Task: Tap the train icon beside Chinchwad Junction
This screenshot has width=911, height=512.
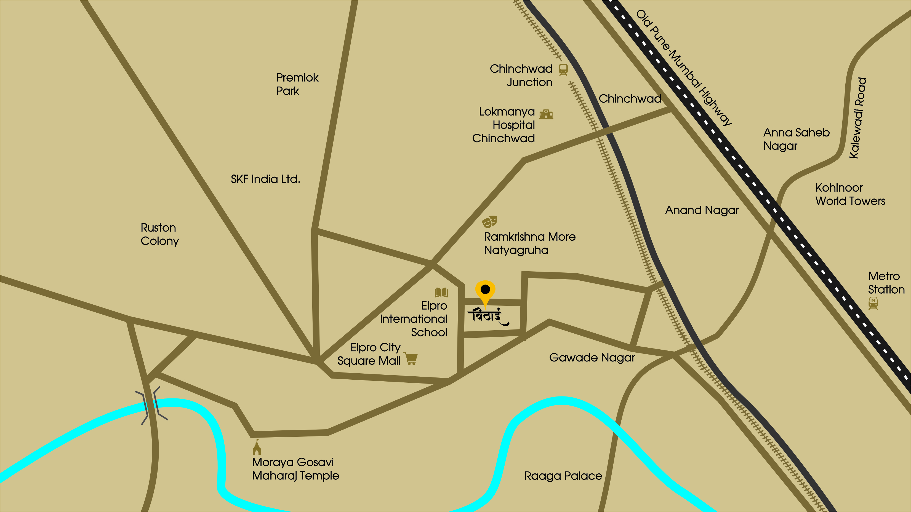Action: point(563,69)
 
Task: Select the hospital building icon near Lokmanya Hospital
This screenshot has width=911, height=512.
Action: point(546,114)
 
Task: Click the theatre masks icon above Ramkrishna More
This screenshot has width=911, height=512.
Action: point(489,222)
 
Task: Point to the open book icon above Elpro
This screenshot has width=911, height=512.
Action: point(441,292)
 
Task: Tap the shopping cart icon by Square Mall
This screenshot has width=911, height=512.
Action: point(411,359)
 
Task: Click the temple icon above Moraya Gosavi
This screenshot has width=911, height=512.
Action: point(257,447)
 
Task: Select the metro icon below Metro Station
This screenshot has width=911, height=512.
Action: point(873,303)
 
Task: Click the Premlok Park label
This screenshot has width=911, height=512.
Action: point(297,84)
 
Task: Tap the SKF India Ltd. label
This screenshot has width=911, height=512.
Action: point(265,179)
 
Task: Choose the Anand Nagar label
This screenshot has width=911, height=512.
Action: point(702,210)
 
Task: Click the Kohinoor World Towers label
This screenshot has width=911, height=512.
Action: point(850,194)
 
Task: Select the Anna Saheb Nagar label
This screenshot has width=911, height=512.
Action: point(796,139)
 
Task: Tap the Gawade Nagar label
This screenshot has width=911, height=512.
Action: point(592,358)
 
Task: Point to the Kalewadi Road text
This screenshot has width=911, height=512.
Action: point(858,118)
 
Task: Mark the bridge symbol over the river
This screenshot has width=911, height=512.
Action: point(151,405)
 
